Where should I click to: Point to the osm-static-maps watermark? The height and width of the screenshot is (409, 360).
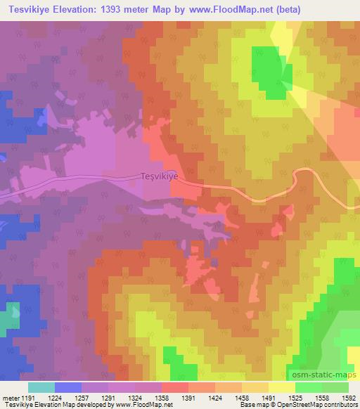point(321,376)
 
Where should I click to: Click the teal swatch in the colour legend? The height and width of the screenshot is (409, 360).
point(41,387)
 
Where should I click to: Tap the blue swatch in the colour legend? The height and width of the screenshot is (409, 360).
point(68,387)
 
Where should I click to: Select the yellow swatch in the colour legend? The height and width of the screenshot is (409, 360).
point(281,387)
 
